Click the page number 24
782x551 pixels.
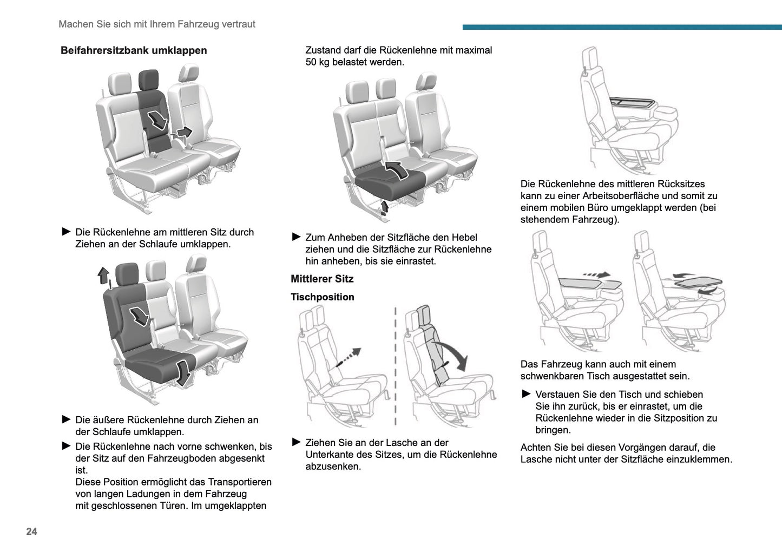point(32,532)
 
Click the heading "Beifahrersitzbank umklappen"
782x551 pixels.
point(134,50)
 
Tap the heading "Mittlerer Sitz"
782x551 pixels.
point(322,279)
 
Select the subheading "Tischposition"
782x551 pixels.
point(323,297)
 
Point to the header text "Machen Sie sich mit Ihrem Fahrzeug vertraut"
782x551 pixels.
point(157,24)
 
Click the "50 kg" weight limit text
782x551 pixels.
point(318,62)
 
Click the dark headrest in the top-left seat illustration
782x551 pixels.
point(148,80)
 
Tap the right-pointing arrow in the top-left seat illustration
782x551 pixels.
point(185,132)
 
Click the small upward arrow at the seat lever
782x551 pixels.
point(385,207)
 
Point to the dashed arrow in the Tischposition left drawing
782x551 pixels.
point(349,357)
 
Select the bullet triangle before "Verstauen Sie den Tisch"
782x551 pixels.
point(526,394)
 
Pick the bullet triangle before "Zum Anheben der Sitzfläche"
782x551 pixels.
point(296,237)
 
